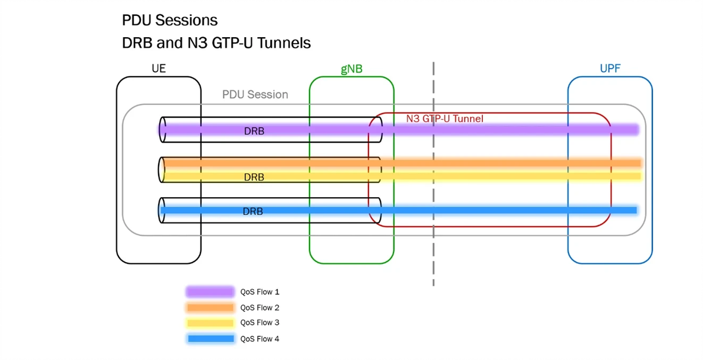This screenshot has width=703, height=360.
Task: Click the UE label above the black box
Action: tap(159, 68)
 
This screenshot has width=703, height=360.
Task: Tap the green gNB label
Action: tap(351, 69)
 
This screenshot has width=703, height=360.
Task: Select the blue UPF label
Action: tap(610, 68)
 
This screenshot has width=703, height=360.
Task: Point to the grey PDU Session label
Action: tap(255, 94)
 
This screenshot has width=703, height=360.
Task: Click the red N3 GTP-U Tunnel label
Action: tap(445, 119)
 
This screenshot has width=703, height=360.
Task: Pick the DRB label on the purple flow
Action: tap(254, 131)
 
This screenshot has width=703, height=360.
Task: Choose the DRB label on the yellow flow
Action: tap(254, 177)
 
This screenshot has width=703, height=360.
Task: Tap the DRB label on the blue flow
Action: tap(253, 211)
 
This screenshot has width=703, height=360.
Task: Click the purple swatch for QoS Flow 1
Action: tap(210, 292)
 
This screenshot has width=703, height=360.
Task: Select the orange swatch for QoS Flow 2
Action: tap(210, 307)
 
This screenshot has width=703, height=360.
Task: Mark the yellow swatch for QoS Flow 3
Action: tap(210, 323)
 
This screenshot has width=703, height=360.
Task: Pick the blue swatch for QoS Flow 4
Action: tap(210, 339)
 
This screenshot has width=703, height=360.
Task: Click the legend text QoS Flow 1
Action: tap(259, 292)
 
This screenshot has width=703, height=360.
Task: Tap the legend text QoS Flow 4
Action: tap(259, 339)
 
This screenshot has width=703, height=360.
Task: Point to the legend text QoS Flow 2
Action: tap(259, 307)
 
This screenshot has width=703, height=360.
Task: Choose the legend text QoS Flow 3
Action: tap(259, 322)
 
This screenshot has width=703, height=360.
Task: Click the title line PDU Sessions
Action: tap(170, 20)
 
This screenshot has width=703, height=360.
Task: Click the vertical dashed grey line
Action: tap(433, 174)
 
